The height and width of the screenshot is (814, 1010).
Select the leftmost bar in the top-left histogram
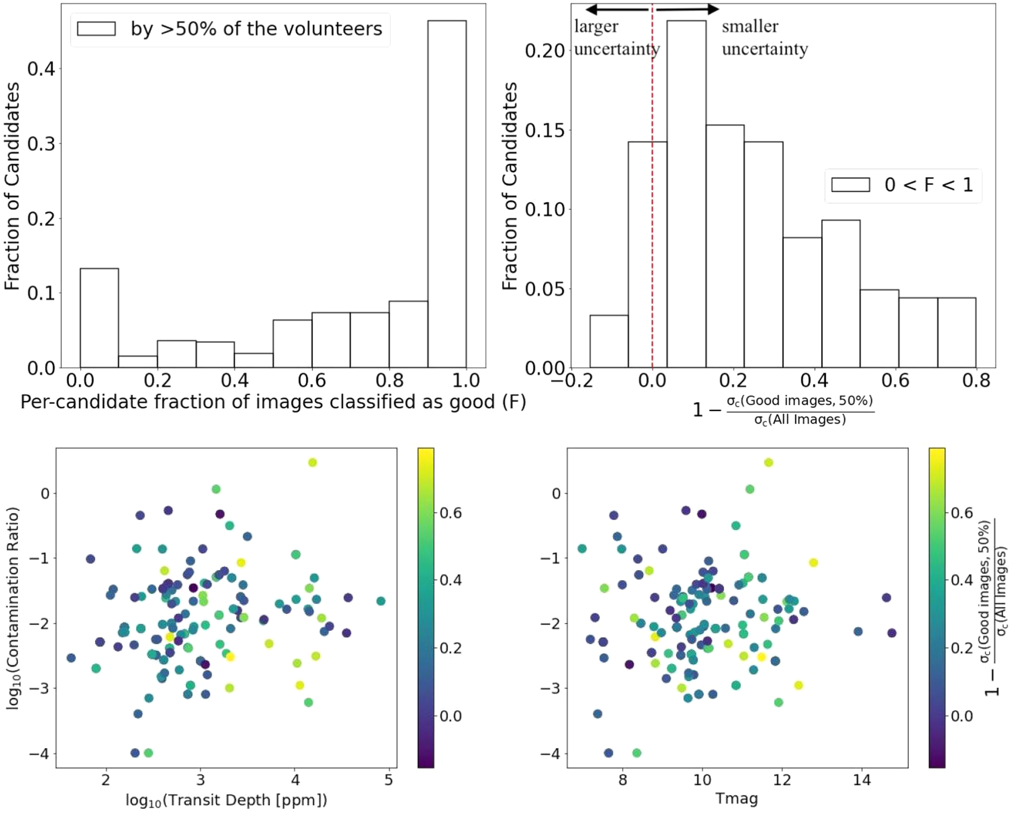click(99, 318)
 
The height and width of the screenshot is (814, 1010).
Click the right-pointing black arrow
click(688, 9)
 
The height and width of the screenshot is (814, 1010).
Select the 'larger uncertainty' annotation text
click(617, 38)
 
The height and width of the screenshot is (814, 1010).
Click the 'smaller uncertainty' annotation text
click(765, 38)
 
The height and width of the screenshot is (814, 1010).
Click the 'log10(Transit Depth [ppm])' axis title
click(226, 800)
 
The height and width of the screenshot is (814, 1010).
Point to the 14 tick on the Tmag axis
click(862, 780)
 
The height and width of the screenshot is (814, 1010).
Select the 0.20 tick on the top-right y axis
click(545, 50)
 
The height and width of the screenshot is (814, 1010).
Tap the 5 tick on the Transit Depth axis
click(388, 780)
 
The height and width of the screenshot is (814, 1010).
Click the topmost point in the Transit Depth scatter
click(312, 462)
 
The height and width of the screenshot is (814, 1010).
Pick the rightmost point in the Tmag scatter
click(892, 633)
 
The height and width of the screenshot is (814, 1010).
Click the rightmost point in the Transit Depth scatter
click(381, 601)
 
